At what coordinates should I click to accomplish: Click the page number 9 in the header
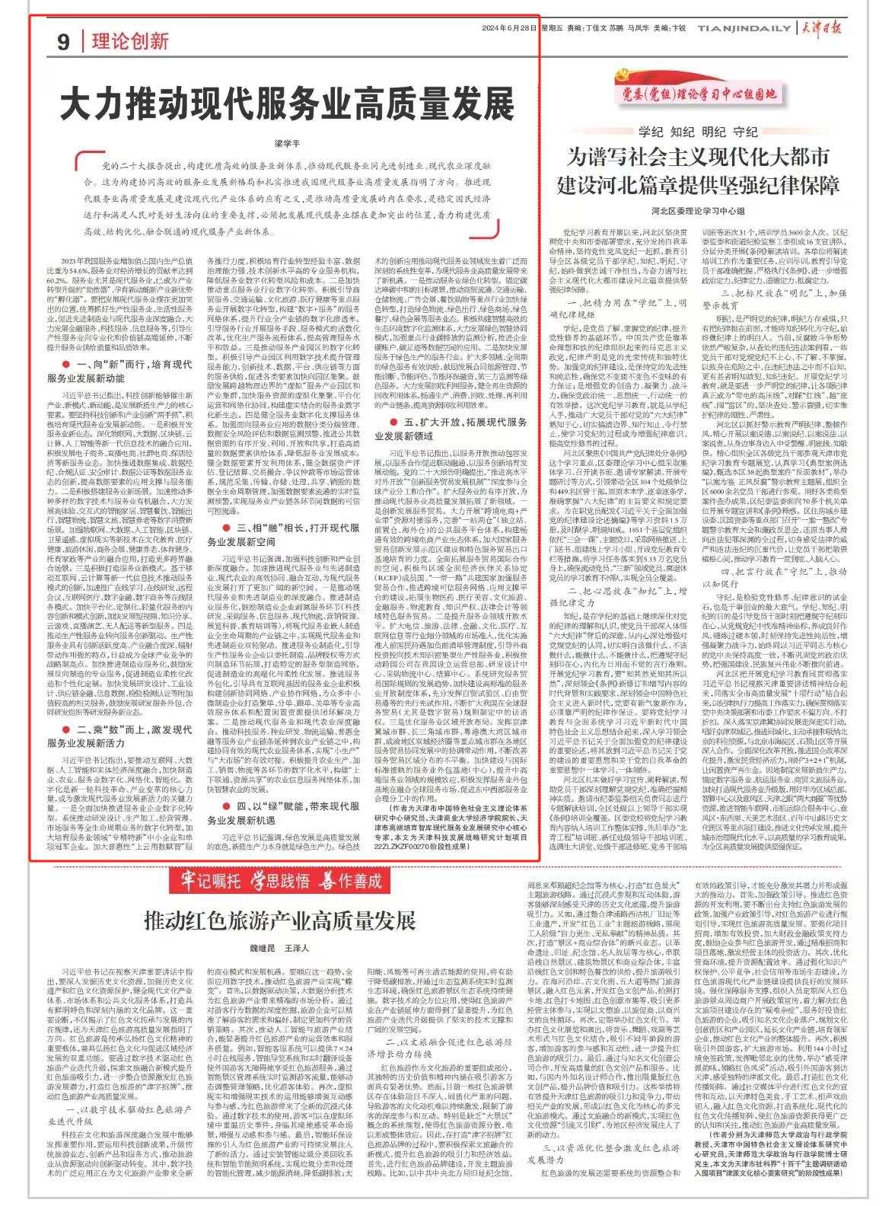(x=63, y=41)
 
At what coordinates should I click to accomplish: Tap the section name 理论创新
(x=130, y=40)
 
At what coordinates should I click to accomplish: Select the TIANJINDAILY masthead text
(x=743, y=28)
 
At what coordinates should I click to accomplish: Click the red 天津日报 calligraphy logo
(x=819, y=28)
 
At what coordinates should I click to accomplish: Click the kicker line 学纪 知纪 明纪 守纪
(x=698, y=132)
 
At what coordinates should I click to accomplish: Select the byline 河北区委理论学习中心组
(x=697, y=210)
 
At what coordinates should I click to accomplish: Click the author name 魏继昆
(x=263, y=949)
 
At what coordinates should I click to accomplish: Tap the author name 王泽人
(x=297, y=949)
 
